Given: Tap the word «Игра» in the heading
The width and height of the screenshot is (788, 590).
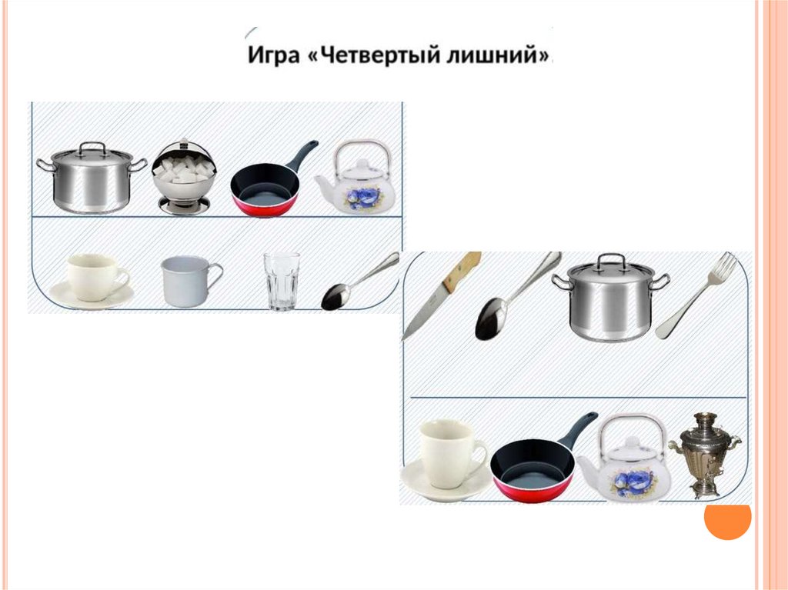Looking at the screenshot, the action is pos(274,55).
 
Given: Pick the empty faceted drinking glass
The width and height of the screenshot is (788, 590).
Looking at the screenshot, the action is pos(282,281).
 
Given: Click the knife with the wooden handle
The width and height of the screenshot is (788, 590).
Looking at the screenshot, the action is pos(442,296).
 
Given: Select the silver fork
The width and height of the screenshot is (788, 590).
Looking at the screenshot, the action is pos(696,296).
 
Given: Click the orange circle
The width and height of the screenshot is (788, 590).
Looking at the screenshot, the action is pos(727,520).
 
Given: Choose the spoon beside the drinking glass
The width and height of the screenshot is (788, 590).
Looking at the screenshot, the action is pos(360,282).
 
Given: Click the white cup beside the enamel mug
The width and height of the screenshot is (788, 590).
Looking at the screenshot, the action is pos(93,281).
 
